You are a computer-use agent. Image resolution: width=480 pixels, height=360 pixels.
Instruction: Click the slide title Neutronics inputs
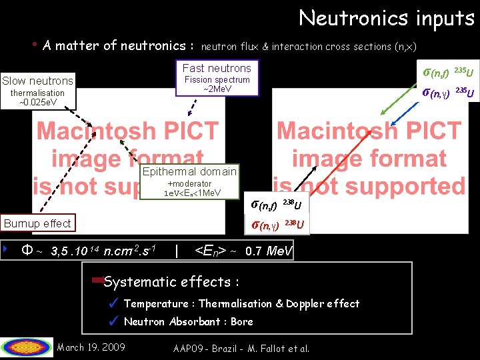click(x=386, y=18)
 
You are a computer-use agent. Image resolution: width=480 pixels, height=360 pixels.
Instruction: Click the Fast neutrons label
click(x=217, y=68)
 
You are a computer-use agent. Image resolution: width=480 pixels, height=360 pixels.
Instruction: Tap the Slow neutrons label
click(x=37, y=81)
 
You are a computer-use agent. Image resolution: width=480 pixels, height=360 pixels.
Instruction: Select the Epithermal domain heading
click(x=189, y=171)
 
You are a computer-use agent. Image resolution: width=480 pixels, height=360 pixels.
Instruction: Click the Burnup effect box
click(x=37, y=223)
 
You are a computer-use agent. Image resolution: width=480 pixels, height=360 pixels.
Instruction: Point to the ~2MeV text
click(x=217, y=89)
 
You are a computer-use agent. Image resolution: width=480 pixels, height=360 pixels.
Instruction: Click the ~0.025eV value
click(x=37, y=103)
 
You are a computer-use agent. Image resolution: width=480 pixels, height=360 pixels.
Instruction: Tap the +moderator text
click(x=189, y=183)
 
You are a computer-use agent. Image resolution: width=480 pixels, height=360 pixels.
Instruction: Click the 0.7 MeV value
click(x=267, y=251)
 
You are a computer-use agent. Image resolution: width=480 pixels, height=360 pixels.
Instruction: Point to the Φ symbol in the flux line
click(x=27, y=251)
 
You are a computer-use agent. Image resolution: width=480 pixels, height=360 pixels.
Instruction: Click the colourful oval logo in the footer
click(x=27, y=347)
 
